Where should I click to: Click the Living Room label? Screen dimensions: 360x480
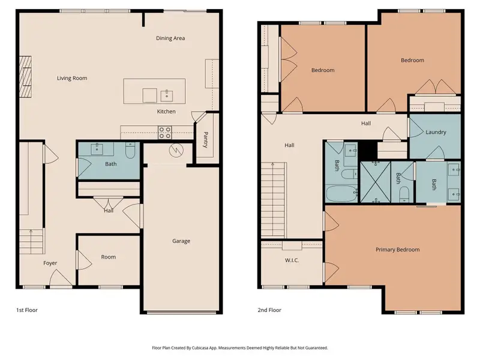click(72, 78)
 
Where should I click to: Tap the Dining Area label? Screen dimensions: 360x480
click(170, 38)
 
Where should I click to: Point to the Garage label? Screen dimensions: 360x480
click(181, 241)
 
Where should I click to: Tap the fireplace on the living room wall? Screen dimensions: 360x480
click(25, 77)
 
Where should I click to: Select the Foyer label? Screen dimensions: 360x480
click(50, 263)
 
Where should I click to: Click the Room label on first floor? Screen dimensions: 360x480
click(108, 257)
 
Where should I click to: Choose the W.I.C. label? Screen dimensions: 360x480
click(292, 260)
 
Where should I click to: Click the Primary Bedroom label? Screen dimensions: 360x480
click(397, 250)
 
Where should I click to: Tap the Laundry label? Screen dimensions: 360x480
click(435, 132)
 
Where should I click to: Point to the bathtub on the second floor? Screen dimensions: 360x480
click(340, 193)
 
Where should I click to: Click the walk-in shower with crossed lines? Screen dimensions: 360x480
click(376, 182)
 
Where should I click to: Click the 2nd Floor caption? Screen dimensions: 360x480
click(269, 310)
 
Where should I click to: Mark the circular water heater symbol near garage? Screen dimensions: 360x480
click(176, 150)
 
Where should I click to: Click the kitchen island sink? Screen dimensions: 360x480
click(166, 94)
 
